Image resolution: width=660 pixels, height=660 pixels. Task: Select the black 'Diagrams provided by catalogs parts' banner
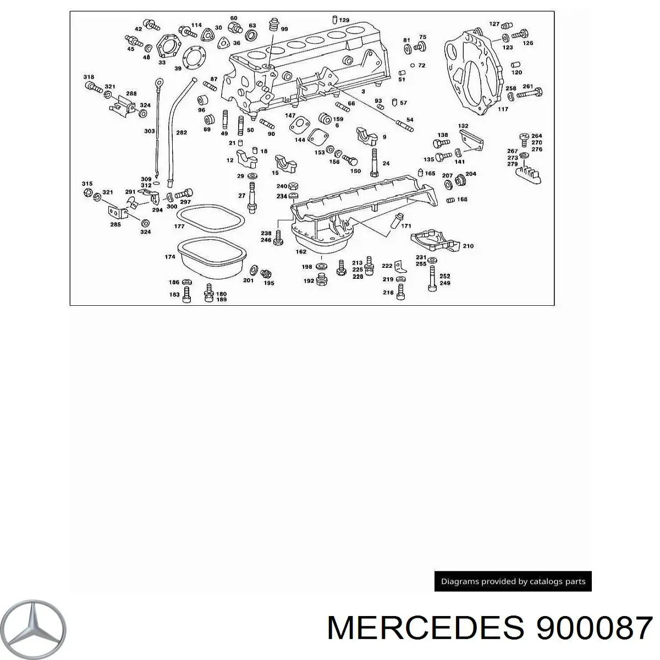pyautogui.click(x=513, y=581)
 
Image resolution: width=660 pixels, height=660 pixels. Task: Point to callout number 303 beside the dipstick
pyautogui.click(x=150, y=131)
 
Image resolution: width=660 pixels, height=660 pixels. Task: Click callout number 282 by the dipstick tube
pyautogui.click(x=182, y=132)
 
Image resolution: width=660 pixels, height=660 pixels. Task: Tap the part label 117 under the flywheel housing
pyautogui.click(x=503, y=109)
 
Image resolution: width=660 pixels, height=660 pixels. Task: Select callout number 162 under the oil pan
pyautogui.click(x=301, y=251)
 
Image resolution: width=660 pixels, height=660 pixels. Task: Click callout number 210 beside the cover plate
pyautogui.click(x=468, y=245)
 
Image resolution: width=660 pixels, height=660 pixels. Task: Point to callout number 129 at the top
pyautogui.click(x=344, y=20)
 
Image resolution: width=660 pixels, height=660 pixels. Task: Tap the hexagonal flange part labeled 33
pyautogui.click(x=169, y=46)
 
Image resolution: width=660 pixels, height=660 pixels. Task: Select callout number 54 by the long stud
pyautogui.click(x=410, y=119)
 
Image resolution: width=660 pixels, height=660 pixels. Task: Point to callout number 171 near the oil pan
pyautogui.click(x=406, y=226)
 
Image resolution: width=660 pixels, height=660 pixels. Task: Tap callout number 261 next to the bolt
pyautogui.click(x=528, y=86)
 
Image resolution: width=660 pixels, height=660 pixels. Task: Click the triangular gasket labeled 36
pyautogui.click(x=224, y=43)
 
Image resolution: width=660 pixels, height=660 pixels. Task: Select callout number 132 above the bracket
pyautogui.click(x=463, y=126)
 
